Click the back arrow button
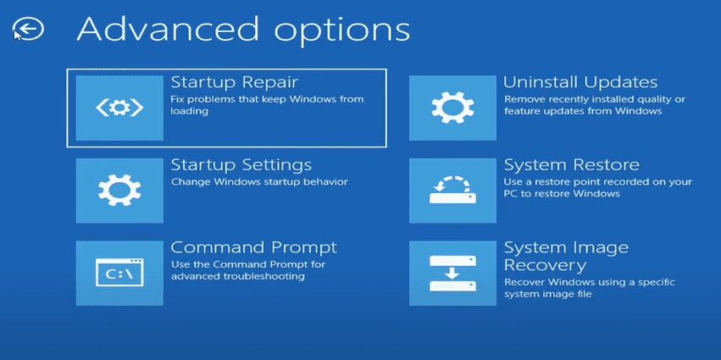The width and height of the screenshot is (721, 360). click(29, 30)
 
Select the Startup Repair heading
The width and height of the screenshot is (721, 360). click(234, 82)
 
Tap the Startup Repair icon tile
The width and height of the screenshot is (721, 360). click(119, 108)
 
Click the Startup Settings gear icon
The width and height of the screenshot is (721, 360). click(119, 190)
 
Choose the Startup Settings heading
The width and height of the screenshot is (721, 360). click(241, 164)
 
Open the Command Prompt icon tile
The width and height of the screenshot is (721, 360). click(119, 273)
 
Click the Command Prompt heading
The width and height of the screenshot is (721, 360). click(254, 247)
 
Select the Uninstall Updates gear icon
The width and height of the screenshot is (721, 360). click(452, 108)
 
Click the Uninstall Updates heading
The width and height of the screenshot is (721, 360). click(580, 82)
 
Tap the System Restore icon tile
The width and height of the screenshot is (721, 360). click(452, 190)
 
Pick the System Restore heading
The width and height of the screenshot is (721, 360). click(572, 164)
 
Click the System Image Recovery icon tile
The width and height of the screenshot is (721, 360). click(452, 273)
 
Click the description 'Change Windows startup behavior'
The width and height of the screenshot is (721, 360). click(259, 182)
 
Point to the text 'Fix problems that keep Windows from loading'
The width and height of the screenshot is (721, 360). click(267, 105)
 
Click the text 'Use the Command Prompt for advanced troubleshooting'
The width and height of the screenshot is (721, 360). click(248, 270)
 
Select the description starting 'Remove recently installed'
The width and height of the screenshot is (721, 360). click(595, 105)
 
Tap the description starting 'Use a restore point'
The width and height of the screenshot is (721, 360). click(598, 187)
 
